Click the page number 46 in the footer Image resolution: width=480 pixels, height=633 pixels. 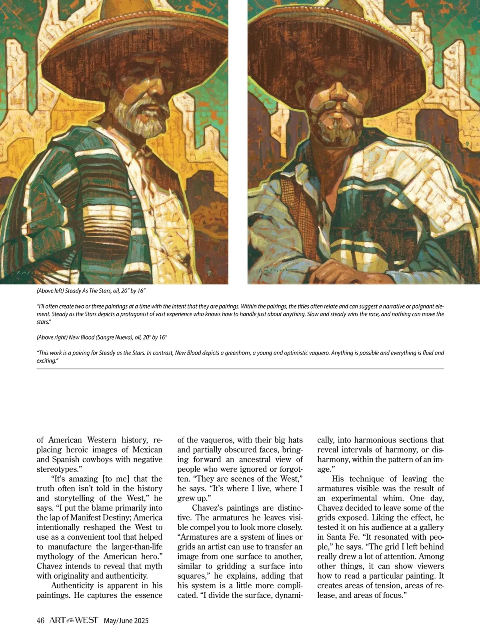click(40, 621)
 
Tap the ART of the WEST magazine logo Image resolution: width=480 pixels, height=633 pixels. click(74, 620)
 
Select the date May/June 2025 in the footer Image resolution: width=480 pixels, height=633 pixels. click(126, 621)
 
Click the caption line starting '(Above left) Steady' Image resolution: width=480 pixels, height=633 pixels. click(94, 290)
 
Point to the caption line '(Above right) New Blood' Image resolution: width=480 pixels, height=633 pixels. click(102, 337)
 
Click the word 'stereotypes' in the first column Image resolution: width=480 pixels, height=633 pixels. click(58, 469)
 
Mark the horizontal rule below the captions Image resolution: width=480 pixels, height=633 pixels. click(240, 369)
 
